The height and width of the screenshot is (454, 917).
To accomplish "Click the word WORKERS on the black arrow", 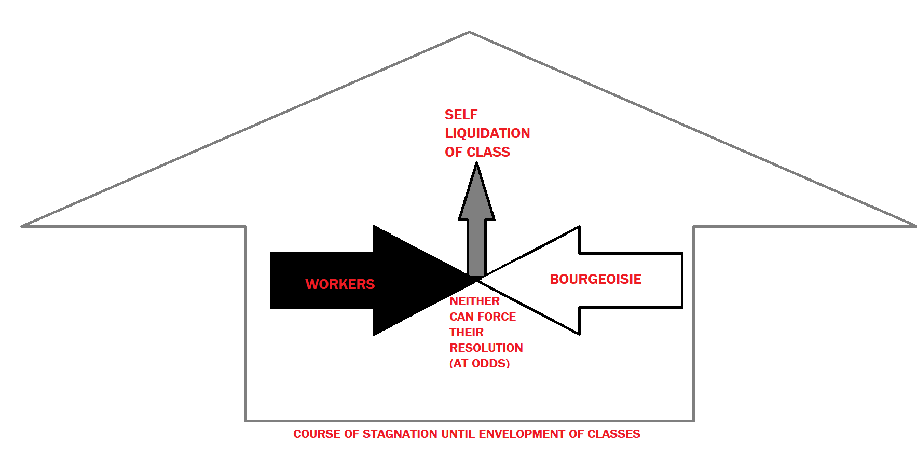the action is [x=340, y=284].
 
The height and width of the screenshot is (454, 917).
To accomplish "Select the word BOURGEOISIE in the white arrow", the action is [x=596, y=279].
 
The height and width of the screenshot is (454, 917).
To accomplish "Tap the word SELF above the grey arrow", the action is [x=461, y=115].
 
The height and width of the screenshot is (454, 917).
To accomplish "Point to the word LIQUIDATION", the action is [x=487, y=133].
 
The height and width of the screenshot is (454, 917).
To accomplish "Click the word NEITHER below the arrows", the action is [x=474, y=301].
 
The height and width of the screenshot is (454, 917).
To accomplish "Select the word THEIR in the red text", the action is [x=467, y=332].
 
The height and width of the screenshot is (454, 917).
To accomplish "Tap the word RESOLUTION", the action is [x=486, y=348].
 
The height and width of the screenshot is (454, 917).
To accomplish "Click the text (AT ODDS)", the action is [x=480, y=363].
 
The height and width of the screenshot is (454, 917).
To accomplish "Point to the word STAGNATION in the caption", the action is [x=400, y=434].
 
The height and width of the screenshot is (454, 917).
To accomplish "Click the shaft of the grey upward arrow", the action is [x=476, y=247].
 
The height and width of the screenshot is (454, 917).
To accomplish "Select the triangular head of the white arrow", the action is [x=535, y=280].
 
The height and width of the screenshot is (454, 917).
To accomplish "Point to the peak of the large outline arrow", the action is [x=469, y=32].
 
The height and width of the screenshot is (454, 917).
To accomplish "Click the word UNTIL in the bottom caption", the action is [x=458, y=434].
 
